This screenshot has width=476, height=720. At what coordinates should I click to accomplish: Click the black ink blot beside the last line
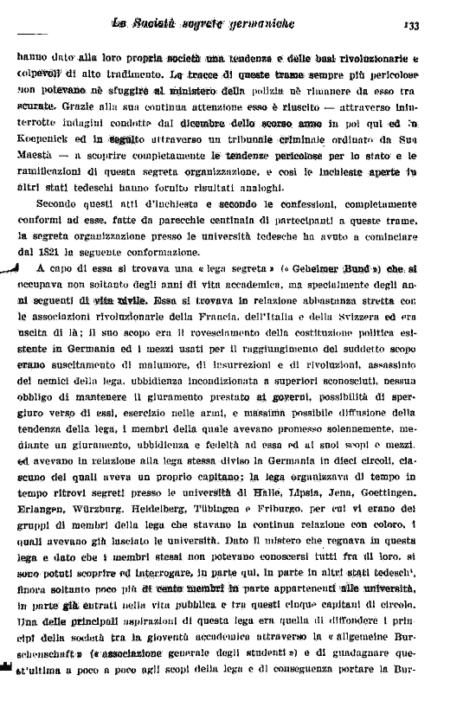click(6, 690)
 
